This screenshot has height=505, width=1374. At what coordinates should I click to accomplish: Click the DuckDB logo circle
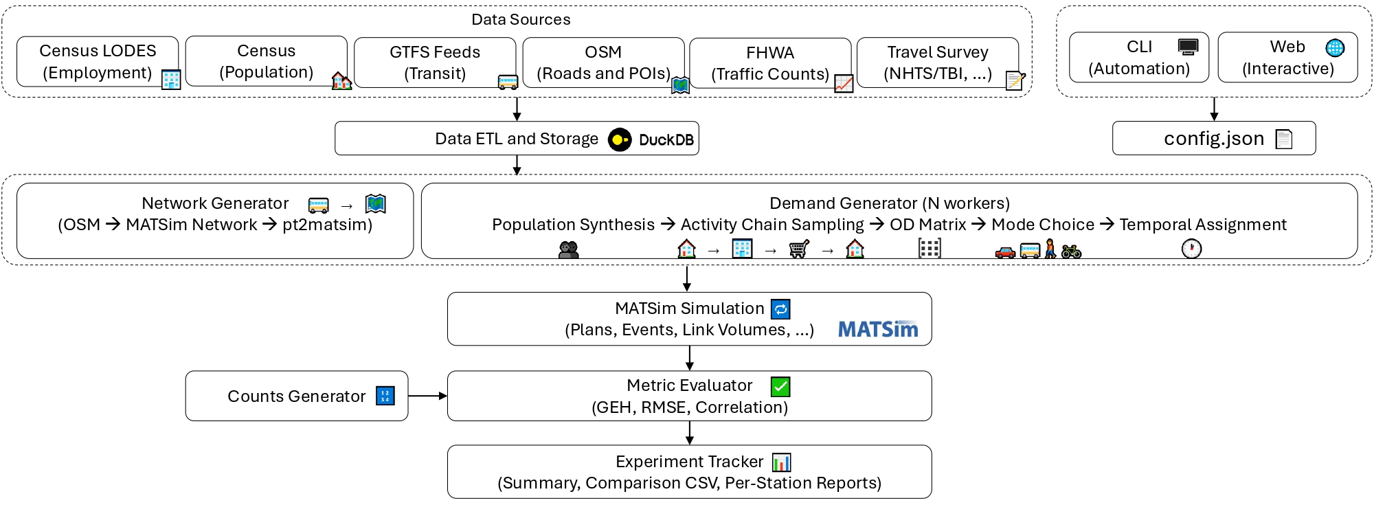[x=619, y=139]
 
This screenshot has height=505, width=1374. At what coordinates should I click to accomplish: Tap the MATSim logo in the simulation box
[x=878, y=330]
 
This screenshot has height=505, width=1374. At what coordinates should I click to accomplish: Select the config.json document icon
[x=1283, y=139]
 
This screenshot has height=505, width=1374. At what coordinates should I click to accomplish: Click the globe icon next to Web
[x=1335, y=47]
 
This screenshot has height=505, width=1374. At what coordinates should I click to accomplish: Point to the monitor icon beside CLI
[x=1188, y=47]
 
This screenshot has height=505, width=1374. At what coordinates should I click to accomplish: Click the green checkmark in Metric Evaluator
[x=780, y=387]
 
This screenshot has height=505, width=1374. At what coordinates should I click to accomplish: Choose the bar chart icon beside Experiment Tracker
[x=782, y=462]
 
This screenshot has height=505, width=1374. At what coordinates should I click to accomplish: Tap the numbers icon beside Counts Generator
[x=385, y=396]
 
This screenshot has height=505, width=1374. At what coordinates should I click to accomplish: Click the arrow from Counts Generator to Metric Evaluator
[x=427, y=396]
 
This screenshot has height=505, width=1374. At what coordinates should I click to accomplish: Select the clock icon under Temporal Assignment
[x=1191, y=249]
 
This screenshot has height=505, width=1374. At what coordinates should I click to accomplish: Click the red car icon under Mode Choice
[x=1005, y=253]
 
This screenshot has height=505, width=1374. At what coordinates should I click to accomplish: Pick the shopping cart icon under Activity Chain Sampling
[x=798, y=249]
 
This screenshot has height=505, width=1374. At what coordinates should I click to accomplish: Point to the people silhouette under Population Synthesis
[x=569, y=250]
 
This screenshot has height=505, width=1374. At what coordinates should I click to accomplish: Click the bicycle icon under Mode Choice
[x=1071, y=252]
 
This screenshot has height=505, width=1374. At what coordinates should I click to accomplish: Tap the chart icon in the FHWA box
[x=844, y=84]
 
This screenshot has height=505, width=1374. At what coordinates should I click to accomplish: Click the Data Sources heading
[x=521, y=19]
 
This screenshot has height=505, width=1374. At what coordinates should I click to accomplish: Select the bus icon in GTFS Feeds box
[x=508, y=83]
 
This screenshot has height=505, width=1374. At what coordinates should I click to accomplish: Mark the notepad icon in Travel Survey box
[x=1015, y=81]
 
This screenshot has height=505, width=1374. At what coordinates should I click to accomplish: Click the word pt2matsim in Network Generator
[x=327, y=225]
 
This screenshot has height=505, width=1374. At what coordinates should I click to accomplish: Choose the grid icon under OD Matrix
[x=930, y=249]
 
